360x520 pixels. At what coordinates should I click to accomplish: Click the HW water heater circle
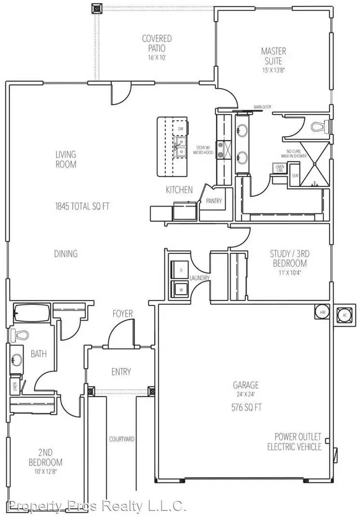(x=321, y=312)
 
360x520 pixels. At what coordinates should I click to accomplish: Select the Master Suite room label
(x=273, y=56)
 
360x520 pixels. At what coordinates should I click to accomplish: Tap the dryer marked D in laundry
(x=181, y=271)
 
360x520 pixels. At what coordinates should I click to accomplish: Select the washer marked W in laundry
(x=181, y=290)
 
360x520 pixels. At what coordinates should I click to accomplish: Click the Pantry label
(x=213, y=201)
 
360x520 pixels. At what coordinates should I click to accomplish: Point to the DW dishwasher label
(x=181, y=129)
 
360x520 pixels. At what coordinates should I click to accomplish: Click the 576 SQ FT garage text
(x=246, y=407)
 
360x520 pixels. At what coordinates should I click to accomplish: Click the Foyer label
(x=123, y=313)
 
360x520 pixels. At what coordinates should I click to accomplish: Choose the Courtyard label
(x=121, y=439)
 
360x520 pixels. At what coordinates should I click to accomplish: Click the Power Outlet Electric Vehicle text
(x=294, y=442)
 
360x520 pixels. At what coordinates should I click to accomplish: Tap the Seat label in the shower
(x=295, y=176)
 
